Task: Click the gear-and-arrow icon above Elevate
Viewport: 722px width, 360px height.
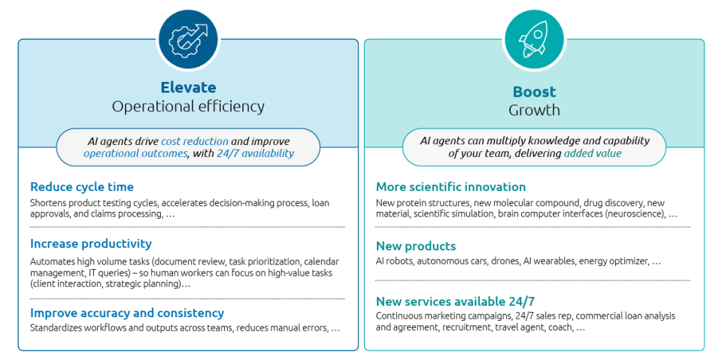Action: (x=188, y=38)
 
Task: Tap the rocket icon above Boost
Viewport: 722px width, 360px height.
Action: (x=534, y=38)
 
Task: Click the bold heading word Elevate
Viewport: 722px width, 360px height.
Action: (x=188, y=87)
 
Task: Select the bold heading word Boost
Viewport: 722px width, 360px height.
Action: (x=534, y=92)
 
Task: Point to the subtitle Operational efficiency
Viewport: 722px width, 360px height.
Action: (x=188, y=107)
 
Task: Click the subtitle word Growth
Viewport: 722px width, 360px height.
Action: (x=534, y=110)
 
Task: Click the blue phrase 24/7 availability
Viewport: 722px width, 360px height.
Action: (x=255, y=153)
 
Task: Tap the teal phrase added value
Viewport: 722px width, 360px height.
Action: (x=593, y=153)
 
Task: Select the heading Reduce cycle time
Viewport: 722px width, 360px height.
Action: (x=82, y=187)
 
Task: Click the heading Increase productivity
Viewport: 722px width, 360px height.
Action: (x=91, y=244)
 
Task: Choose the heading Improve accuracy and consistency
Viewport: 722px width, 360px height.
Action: (x=127, y=313)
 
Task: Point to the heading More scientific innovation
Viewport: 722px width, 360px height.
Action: (x=450, y=187)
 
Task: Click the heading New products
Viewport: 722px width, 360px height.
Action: (x=416, y=246)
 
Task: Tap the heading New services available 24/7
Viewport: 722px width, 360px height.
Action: (x=456, y=302)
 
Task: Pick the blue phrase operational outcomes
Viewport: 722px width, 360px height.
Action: (x=136, y=154)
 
